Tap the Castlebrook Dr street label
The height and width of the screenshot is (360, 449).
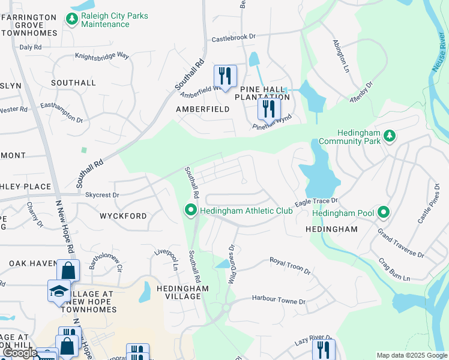pyautogui.click(x=234, y=38)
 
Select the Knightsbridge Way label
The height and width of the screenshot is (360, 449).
pyautogui.click(x=102, y=56)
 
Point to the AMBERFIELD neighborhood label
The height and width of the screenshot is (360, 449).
pyautogui.click(x=202, y=109)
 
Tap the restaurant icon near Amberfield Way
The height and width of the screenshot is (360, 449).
pyautogui.click(x=226, y=76)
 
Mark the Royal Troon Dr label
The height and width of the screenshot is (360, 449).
pyautogui.click(x=289, y=266)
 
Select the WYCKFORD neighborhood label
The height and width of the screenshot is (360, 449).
pyautogui.click(x=123, y=215)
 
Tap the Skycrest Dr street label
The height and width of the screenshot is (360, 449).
pyautogui.click(x=102, y=195)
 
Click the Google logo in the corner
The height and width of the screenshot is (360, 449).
pyautogui.click(x=20, y=353)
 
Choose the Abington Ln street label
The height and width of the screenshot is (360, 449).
pyautogui.click(x=342, y=57)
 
